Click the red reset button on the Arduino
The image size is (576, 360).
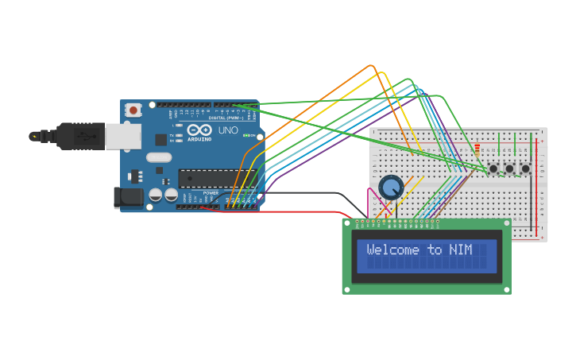[133, 110]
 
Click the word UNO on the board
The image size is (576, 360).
[228, 130]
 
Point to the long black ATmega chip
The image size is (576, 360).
[209, 179]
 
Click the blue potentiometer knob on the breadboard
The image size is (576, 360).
[391, 188]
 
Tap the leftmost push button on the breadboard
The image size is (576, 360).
[493, 168]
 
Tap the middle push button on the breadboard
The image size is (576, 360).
[509, 168]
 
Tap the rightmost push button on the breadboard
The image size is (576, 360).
[525, 168]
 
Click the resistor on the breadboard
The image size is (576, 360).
[477, 149]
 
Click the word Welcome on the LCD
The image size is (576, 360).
[394, 250]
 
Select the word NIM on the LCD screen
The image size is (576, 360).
[460, 250]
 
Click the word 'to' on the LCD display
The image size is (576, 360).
[435, 250]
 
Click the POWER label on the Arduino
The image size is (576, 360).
[211, 193]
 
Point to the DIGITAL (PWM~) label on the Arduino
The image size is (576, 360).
[226, 118]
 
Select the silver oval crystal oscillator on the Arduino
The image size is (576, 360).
[159, 157]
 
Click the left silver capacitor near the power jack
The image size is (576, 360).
[156, 194]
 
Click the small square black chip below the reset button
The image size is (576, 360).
[161, 140]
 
